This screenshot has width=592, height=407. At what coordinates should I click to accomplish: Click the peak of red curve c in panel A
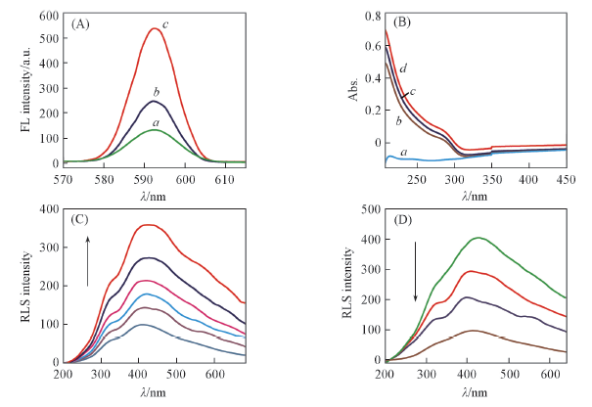click(x=155, y=28)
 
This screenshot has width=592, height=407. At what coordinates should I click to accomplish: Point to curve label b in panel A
click(x=158, y=89)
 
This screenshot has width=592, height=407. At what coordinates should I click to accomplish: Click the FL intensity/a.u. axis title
click(x=14, y=88)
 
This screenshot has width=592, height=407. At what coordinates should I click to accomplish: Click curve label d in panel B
click(x=402, y=68)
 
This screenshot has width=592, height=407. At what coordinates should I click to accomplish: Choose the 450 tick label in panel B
click(x=565, y=179)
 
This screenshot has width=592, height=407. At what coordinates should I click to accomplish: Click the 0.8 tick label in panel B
click(x=370, y=17)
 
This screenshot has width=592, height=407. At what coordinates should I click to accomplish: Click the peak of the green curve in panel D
click(x=478, y=238)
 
